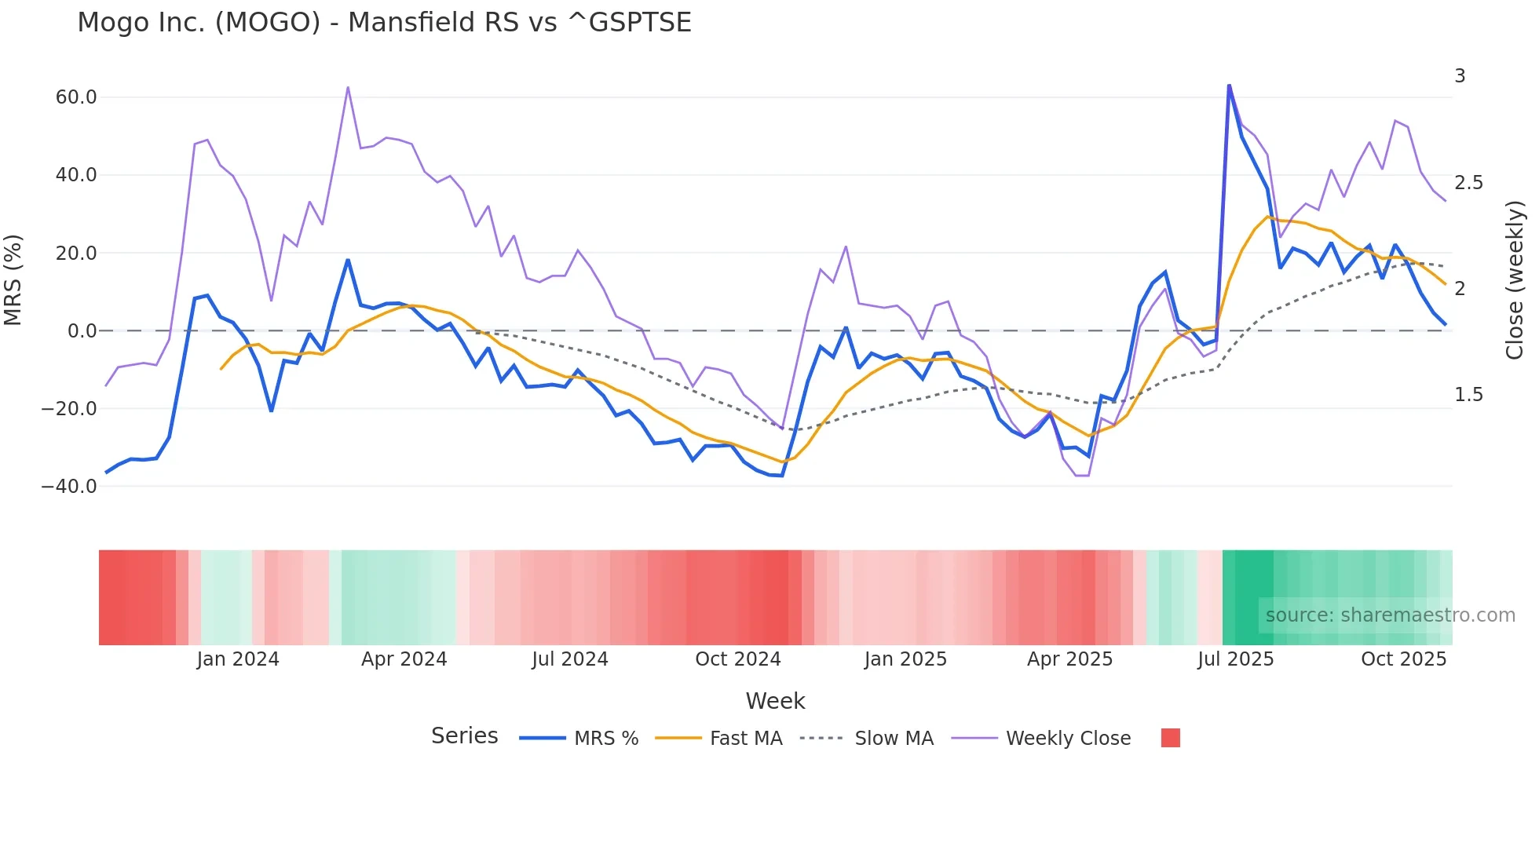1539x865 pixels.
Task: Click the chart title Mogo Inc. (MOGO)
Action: tap(384, 22)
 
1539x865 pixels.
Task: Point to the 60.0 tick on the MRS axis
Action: tap(76, 97)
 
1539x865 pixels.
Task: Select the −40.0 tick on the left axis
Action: tap(69, 486)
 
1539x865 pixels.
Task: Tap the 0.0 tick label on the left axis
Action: tap(82, 330)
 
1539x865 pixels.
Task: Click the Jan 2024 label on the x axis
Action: tap(238, 659)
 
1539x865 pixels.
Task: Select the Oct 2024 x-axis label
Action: tap(737, 659)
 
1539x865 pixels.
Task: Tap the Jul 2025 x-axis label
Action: tap(1235, 659)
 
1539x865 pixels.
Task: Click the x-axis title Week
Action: tap(775, 701)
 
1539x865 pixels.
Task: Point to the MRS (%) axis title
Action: tap(13, 279)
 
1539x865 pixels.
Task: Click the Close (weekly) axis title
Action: tap(1515, 280)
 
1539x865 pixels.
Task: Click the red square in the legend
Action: tap(1170, 738)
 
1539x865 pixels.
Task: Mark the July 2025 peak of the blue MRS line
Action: tap(1229, 86)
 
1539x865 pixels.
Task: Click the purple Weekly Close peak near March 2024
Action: tap(348, 88)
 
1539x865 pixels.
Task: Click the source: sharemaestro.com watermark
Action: tap(1390, 615)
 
